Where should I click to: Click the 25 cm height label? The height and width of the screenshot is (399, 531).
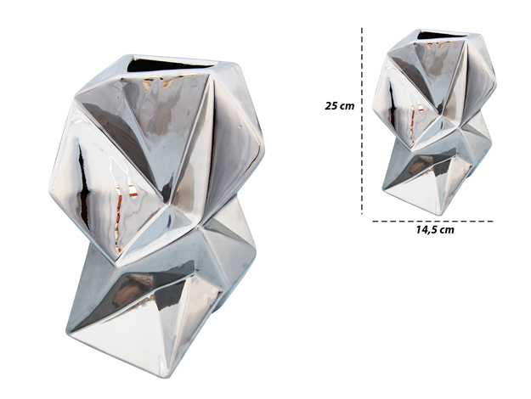click(339, 106)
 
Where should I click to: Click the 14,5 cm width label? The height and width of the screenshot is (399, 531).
click(435, 230)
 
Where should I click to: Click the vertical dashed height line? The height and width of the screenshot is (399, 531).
click(362, 121)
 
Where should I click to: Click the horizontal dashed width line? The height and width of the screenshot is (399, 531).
click(432, 222)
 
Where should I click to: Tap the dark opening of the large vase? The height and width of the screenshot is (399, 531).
click(172, 67)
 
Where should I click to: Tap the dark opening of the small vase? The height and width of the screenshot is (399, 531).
click(444, 34)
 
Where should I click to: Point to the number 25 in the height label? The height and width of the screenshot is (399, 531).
click(331, 106)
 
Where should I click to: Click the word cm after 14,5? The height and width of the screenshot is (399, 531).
click(447, 230)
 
